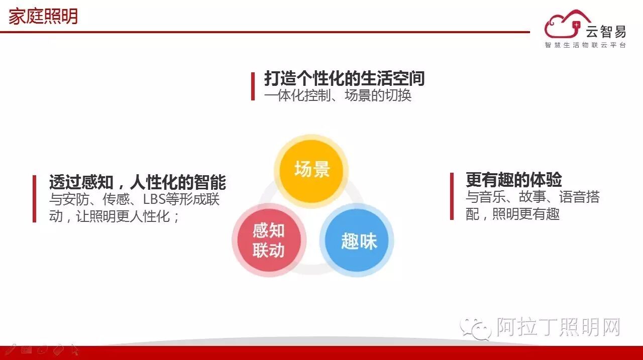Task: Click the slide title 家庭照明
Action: point(43,17)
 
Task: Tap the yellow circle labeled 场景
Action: point(311,170)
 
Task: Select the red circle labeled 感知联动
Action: point(269,240)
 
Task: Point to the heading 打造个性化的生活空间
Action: point(345,78)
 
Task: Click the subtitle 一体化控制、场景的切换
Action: point(338,95)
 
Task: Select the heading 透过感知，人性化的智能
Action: point(137,181)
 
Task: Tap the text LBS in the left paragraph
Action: point(154,199)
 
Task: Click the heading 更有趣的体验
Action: point(513,179)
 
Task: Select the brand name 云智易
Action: point(606,32)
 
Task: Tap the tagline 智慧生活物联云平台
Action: point(585,45)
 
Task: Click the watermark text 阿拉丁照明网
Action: point(558,327)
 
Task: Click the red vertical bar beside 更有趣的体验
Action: point(452,196)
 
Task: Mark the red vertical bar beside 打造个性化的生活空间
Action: point(253,86)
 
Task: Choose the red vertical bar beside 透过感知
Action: point(34,198)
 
